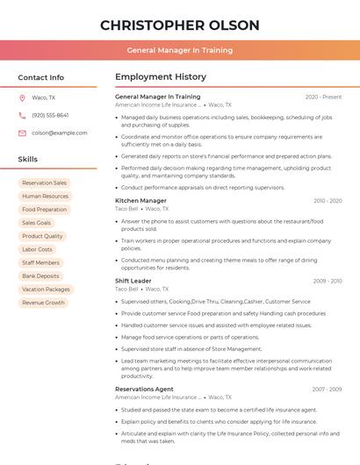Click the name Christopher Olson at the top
tap(180, 25)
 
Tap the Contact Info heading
tap(41, 77)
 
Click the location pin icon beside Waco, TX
tap(22, 97)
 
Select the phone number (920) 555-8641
tap(50, 115)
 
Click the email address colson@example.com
tap(59, 132)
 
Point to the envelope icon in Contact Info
tap(22, 132)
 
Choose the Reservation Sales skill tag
tap(44, 182)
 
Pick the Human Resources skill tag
tap(45, 197)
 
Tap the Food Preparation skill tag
tap(44, 210)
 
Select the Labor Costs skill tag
tap(37, 249)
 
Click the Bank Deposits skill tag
tap(40, 275)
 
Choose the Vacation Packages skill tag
tap(46, 290)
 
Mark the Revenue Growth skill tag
tap(43, 303)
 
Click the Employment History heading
tap(161, 77)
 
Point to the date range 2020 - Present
tap(323, 97)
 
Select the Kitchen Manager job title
tap(140, 201)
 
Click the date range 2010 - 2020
tap(328, 201)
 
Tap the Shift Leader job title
tap(133, 281)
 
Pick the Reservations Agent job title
tap(144, 389)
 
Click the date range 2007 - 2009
tap(328, 389)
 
